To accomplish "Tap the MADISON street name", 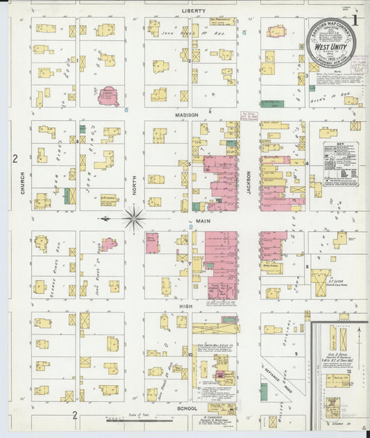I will point(187,115).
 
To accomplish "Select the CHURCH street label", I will point(23,182).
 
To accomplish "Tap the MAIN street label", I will point(203,221).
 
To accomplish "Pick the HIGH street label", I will point(185,305).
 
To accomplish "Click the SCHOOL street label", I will point(187,409).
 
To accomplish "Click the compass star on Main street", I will point(133,218).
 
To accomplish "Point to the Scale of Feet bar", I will point(129,419).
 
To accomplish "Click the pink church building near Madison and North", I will point(108,95).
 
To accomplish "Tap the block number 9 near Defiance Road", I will point(295,354).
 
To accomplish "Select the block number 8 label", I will point(306,266).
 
